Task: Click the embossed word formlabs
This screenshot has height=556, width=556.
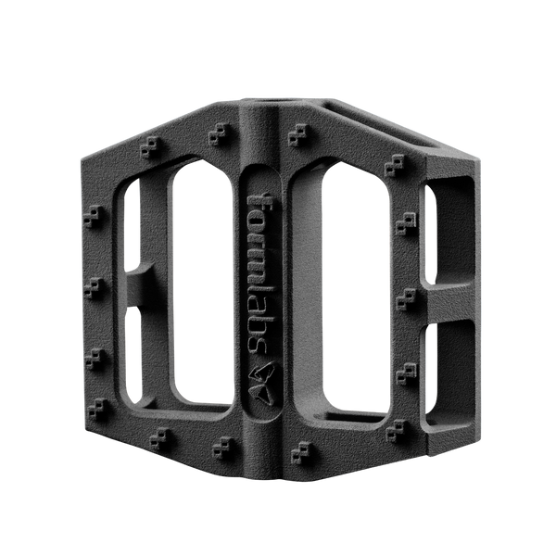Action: (260, 272)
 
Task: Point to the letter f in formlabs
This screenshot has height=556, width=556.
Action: (260, 201)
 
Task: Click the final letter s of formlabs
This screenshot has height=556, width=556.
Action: (259, 345)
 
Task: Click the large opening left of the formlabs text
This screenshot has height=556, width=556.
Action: (202, 284)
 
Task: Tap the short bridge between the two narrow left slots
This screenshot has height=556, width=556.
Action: (140, 284)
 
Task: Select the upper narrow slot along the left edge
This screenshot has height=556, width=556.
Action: (132, 223)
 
